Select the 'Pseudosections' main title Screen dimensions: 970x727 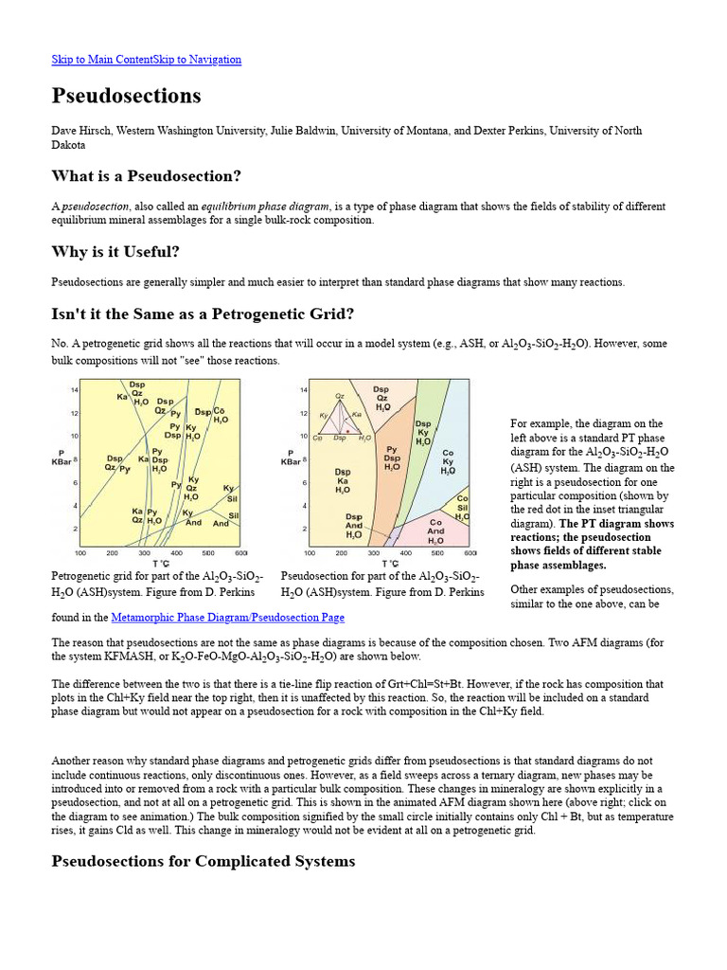point(126,96)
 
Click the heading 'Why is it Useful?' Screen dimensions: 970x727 point(115,251)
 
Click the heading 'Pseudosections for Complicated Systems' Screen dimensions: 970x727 point(204,861)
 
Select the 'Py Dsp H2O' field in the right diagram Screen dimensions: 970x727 point(392,458)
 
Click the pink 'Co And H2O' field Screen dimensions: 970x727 point(436,531)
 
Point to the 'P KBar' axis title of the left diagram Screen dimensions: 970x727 point(62,457)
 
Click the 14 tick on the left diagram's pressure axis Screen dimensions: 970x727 point(73,390)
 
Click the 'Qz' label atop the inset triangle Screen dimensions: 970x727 point(341,396)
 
